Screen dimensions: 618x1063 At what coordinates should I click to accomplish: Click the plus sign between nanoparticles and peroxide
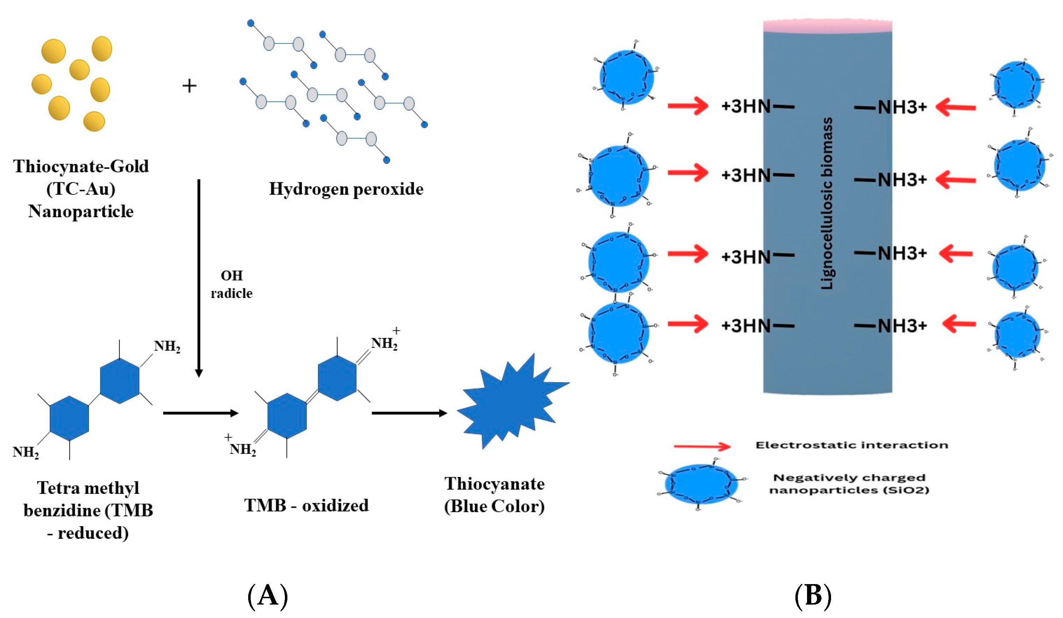pos(189,86)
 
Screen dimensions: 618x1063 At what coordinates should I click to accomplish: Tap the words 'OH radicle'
pos(232,284)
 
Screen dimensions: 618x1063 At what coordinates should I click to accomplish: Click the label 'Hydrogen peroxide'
pos(346,189)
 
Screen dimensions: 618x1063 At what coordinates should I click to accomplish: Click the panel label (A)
pos(268,596)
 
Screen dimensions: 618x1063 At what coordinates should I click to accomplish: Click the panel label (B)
pos(813,596)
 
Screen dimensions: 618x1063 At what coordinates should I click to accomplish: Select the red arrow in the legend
pos(702,446)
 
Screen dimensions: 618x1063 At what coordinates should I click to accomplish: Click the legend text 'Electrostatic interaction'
pos(851,445)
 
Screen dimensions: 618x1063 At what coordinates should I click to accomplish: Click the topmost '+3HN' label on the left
pos(746,106)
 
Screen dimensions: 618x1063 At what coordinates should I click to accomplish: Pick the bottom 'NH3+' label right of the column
pos(902,326)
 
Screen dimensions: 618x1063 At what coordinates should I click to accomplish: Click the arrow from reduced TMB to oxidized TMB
pos(201,413)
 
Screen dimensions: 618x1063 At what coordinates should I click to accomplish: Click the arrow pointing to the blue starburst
pos(409,413)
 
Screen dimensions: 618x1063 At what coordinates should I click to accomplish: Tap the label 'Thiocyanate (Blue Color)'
pos(494,495)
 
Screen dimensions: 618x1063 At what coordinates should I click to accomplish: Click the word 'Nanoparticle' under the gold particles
pos(80,211)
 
